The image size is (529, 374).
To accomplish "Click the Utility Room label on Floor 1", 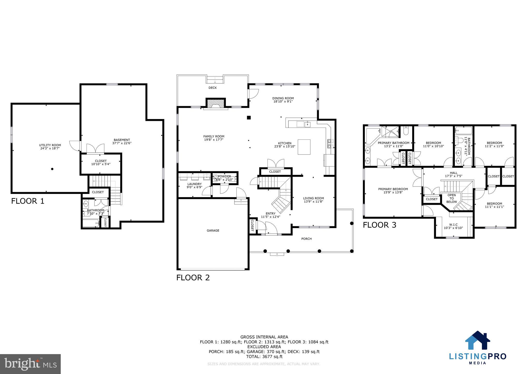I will click(x=50, y=145).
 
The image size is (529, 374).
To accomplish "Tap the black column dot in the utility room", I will click(x=52, y=169).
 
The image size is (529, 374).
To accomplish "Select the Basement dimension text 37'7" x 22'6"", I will click(x=122, y=143).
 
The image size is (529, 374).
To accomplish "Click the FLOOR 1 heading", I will click(x=28, y=201).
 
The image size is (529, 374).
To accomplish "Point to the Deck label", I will click(x=212, y=88).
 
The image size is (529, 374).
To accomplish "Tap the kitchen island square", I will click(x=304, y=147).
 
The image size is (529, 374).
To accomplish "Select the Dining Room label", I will click(x=283, y=98).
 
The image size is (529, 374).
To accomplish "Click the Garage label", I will click(x=213, y=230).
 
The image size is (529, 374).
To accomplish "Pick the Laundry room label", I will click(x=194, y=184).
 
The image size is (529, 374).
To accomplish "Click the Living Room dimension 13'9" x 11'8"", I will click(x=313, y=201).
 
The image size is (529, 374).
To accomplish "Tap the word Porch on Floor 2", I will click(x=306, y=239).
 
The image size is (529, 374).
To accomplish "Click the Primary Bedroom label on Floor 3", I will click(x=393, y=189).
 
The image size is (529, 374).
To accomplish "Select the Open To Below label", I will click(x=451, y=198).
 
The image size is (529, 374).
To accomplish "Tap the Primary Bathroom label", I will click(x=393, y=143).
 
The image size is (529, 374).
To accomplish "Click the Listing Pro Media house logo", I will click(x=477, y=340).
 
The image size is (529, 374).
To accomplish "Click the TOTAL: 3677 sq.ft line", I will click(x=264, y=356).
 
